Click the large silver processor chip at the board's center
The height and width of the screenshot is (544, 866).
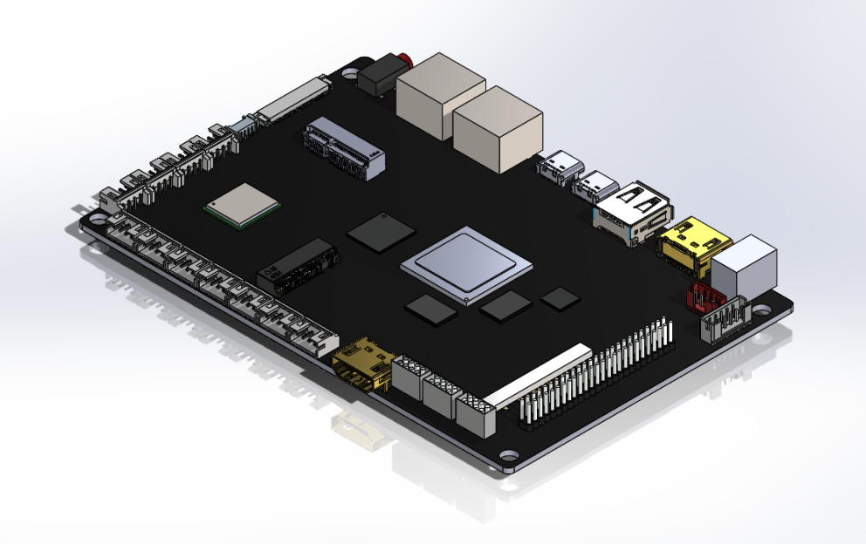pyautogui.click(x=465, y=265)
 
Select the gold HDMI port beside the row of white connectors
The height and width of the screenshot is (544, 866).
pyautogui.click(x=361, y=364)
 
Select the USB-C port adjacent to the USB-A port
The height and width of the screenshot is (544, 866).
pyautogui.click(x=596, y=185)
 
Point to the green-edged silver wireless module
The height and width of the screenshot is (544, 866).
pyautogui.click(x=243, y=206)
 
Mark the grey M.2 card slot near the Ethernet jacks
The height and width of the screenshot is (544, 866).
pyautogui.click(x=344, y=149)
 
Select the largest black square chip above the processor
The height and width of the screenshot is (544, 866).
pyautogui.click(x=381, y=232)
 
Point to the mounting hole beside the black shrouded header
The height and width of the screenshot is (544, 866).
pyautogui.click(x=761, y=309)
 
